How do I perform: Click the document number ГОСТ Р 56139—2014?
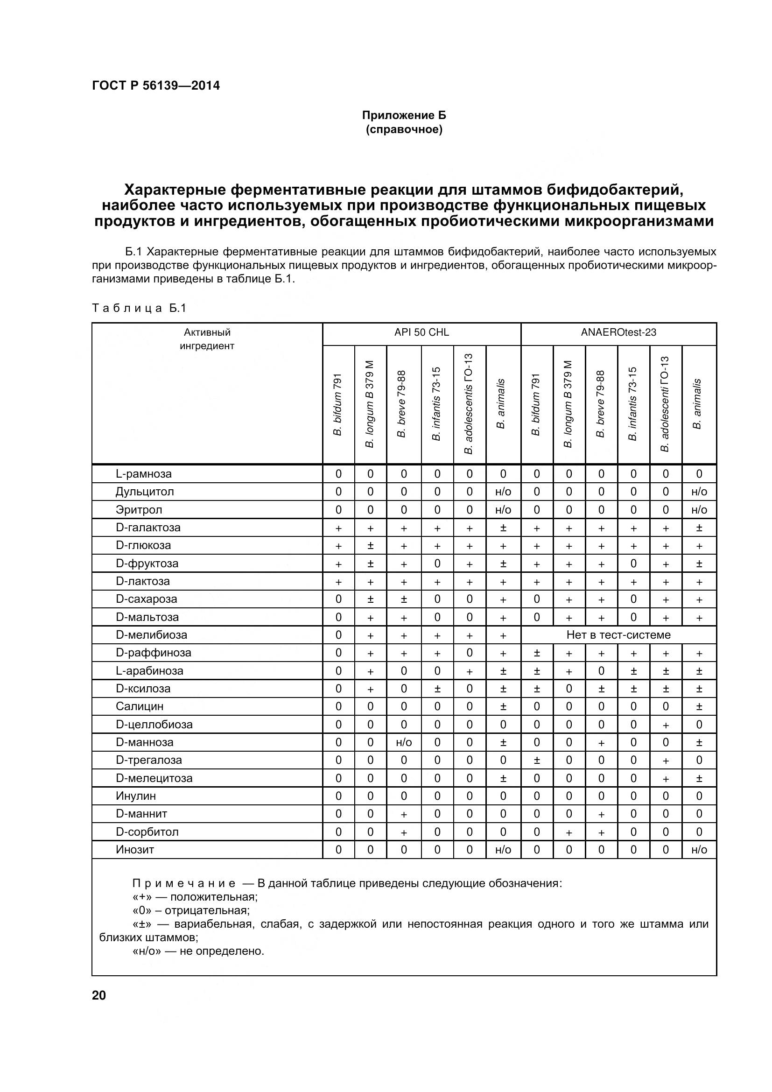coord(155,85)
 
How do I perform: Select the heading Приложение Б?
coord(404,115)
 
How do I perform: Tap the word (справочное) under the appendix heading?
coord(404,129)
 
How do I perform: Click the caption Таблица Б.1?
coord(139,308)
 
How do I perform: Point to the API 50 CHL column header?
coord(421,332)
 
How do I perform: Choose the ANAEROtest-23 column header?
coord(618,332)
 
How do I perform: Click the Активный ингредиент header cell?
coord(207,339)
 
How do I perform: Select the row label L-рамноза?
coord(144,474)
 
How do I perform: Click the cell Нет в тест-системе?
coord(618,635)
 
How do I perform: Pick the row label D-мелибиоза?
coord(151,635)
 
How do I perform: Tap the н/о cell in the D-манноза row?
coord(404,742)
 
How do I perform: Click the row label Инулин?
coord(135,796)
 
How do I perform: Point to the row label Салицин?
coord(139,707)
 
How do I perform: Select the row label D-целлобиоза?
coord(154,725)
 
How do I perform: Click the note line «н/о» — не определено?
coord(198,951)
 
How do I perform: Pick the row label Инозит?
coord(135,850)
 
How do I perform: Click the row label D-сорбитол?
coord(147,832)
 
